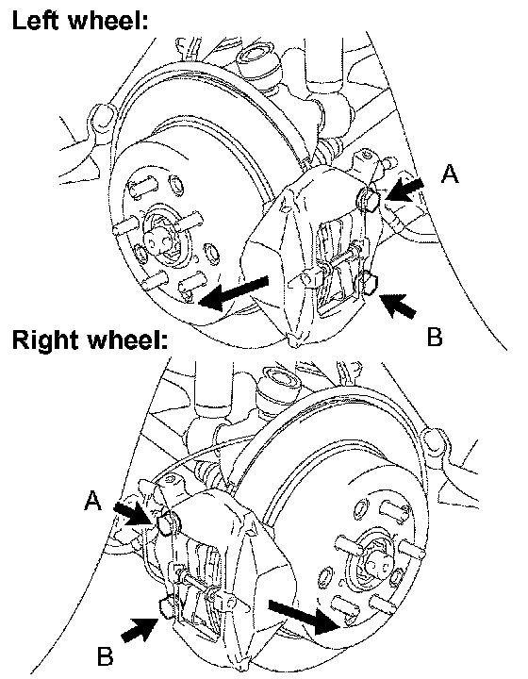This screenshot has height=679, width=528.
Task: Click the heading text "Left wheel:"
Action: click(80, 20)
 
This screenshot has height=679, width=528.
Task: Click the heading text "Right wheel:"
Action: click(90, 339)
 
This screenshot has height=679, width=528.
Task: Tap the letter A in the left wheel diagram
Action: click(450, 174)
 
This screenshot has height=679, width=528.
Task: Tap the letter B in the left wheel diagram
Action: click(435, 337)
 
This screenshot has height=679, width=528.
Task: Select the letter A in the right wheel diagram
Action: click(92, 501)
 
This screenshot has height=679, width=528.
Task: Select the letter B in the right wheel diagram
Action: click(105, 655)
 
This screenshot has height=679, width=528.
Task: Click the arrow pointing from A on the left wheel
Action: click(404, 190)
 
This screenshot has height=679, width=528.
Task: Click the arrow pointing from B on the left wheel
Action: click(397, 305)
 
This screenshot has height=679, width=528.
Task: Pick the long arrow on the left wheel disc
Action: click(234, 293)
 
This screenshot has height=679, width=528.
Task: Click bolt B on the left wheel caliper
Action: click(370, 283)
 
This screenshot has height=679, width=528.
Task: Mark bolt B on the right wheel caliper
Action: click(167, 607)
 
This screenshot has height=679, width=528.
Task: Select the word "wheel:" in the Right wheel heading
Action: click(127, 339)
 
